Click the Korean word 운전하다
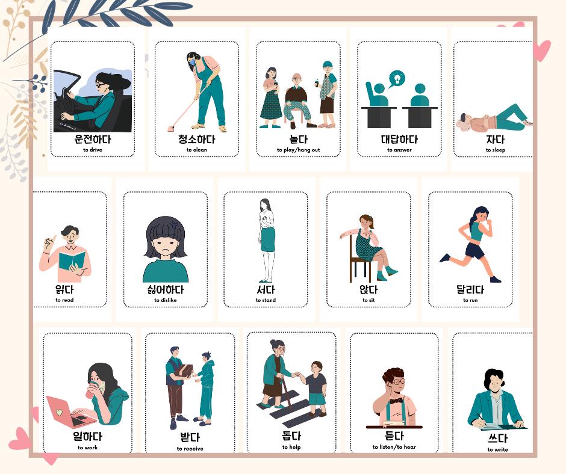click(92, 138)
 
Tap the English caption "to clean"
click(196, 150)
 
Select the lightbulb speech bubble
click(396, 78)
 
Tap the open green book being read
click(71, 262)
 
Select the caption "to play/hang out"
click(298, 150)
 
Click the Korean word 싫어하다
click(165, 289)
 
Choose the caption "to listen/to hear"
click(394, 447)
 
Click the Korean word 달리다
click(470, 289)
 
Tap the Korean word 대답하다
click(399, 139)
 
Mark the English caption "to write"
click(497, 449)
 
